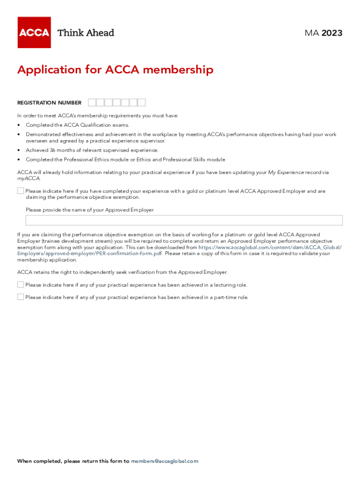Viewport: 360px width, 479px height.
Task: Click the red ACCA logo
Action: (x=34, y=33)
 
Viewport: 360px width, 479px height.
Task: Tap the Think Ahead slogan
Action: (x=86, y=33)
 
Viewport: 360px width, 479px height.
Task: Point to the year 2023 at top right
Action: (x=332, y=33)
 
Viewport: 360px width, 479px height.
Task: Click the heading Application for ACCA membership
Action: (x=115, y=70)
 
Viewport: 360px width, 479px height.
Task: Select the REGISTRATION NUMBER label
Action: (x=49, y=103)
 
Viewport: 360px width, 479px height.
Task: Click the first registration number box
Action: (x=92, y=102)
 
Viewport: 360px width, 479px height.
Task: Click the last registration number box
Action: (x=142, y=102)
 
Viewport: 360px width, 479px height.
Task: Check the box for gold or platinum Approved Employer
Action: (x=21, y=191)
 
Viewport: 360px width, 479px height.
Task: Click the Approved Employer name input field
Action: (x=184, y=220)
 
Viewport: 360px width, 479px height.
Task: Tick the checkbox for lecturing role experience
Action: (x=21, y=284)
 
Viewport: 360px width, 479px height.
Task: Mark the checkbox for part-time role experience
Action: (x=21, y=297)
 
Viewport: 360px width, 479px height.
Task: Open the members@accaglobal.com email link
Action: (x=165, y=461)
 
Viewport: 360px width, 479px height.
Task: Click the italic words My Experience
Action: (x=286, y=172)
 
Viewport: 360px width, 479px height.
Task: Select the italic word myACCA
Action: (x=29, y=178)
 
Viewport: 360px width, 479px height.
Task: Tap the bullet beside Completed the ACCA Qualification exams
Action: (x=19, y=125)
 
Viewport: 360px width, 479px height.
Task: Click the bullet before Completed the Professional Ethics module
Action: (x=19, y=160)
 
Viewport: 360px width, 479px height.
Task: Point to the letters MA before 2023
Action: (x=311, y=33)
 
